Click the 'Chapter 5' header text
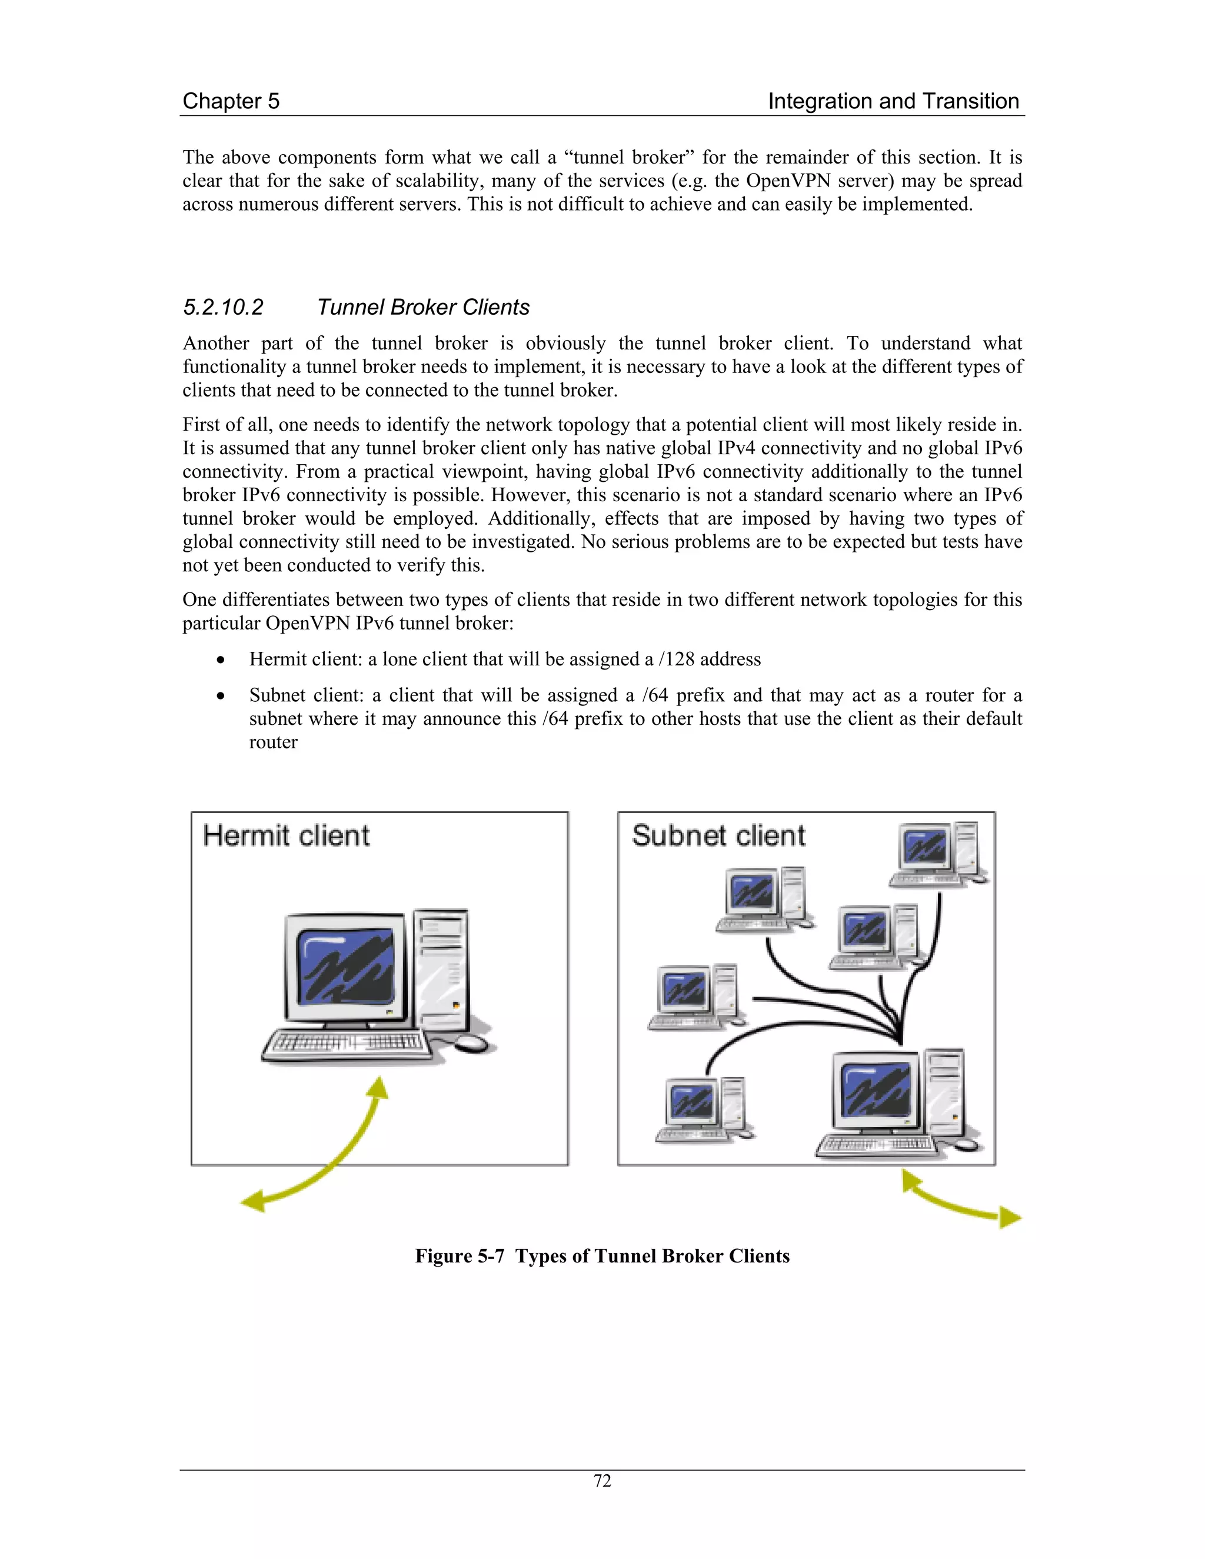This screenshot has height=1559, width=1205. tap(231, 101)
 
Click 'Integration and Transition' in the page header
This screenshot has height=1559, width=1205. tap(893, 101)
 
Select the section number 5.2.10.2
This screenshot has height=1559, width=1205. tap(223, 308)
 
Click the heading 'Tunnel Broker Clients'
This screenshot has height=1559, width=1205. tap(422, 308)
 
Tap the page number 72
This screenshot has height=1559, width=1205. tap(602, 1481)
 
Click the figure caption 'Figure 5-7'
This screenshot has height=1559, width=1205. tap(462, 1257)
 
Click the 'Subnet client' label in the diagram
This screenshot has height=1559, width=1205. tap(718, 836)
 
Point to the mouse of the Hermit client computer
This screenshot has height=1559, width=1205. tap(471, 1044)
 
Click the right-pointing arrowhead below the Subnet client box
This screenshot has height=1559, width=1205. tap(1010, 1217)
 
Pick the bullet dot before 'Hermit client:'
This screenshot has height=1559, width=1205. tap(221, 660)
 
